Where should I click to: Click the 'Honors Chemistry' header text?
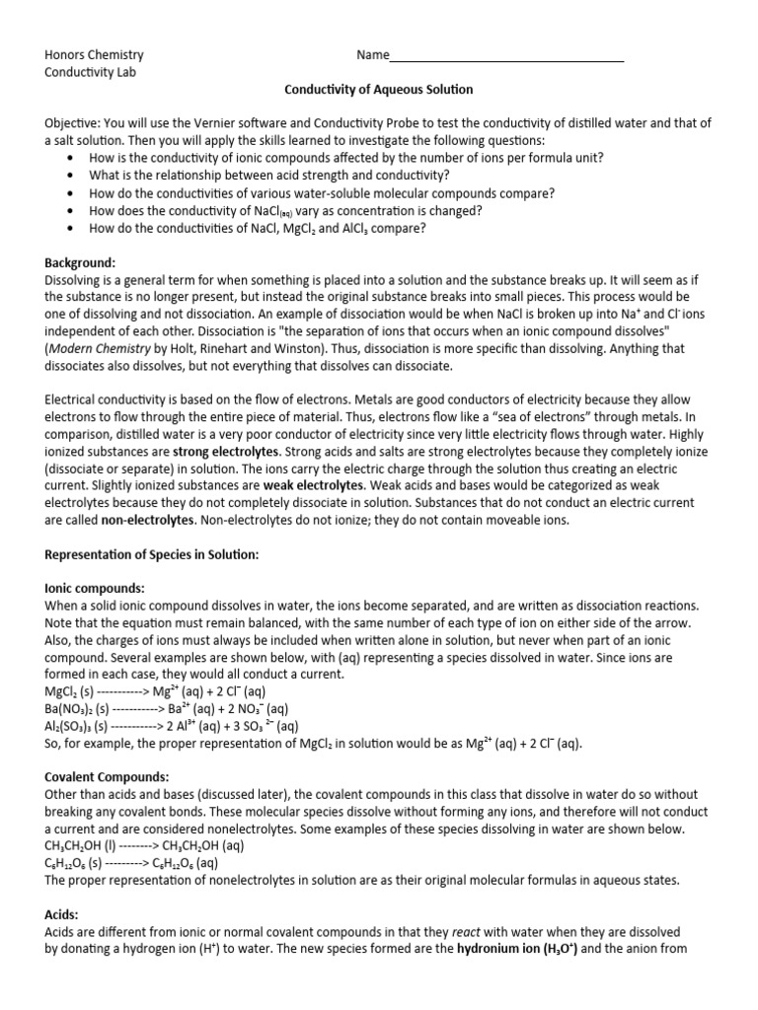[x=94, y=55]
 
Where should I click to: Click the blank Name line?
[x=507, y=56]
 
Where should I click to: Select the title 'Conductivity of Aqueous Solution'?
[x=379, y=90]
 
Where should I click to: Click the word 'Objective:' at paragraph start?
[x=75, y=123]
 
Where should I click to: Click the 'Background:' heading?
[x=81, y=262]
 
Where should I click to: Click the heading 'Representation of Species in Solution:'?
[x=151, y=554]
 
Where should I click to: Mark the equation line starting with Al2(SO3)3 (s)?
[x=172, y=726]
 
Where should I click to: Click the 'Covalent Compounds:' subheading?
[x=107, y=777]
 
